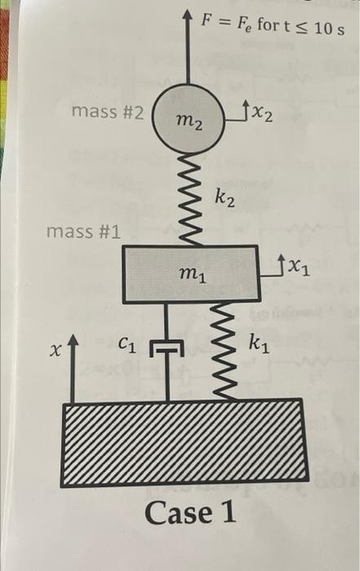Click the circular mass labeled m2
point(187,118)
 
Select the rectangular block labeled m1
point(191,274)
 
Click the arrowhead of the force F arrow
point(187,15)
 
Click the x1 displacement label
point(299,268)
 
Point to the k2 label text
point(224,198)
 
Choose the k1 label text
point(259,344)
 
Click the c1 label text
point(127,343)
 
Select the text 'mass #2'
point(108,112)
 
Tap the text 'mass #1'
point(83,232)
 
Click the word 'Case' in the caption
point(178,513)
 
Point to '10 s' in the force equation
point(329,29)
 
